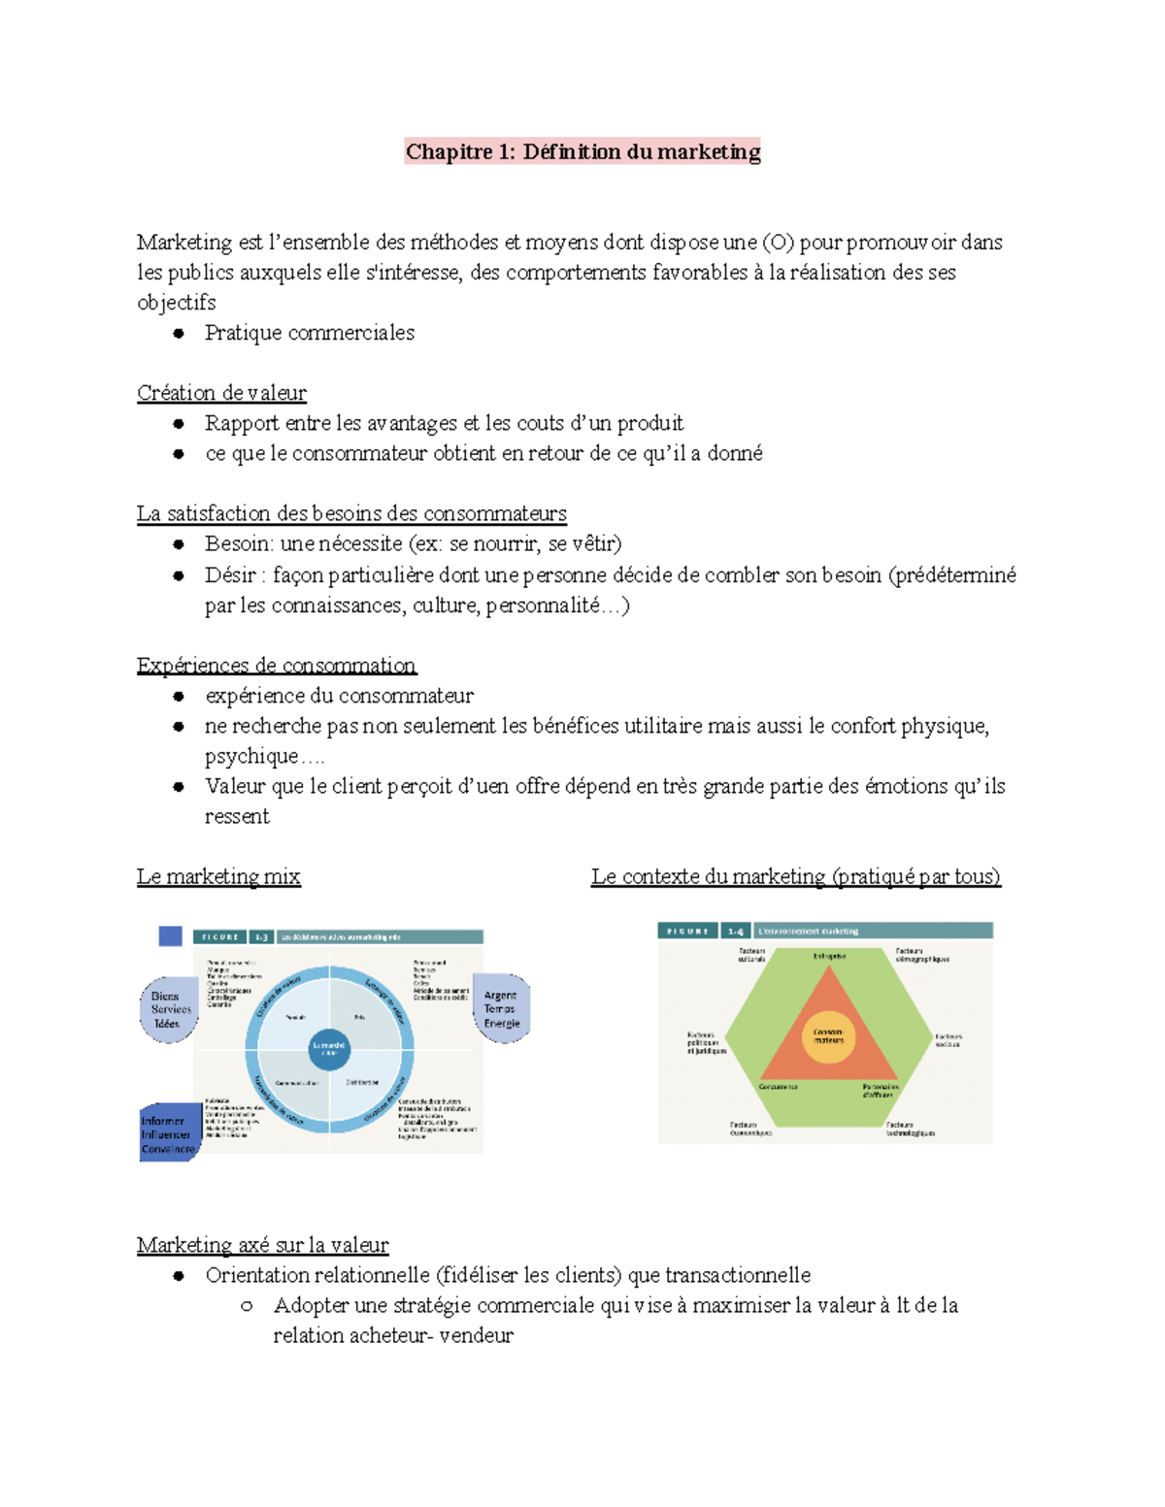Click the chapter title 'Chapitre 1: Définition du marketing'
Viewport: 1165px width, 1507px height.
(x=582, y=151)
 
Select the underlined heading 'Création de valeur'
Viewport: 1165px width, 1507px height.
(x=221, y=393)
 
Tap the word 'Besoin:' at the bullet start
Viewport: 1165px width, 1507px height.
(x=239, y=543)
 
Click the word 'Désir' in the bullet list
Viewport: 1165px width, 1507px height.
(x=230, y=575)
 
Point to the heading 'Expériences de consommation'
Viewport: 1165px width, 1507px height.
(x=276, y=666)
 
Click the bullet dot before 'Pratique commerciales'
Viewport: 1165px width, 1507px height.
(x=179, y=333)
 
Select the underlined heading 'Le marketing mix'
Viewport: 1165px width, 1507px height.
(x=218, y=877)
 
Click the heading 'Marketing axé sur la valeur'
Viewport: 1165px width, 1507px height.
(x=262, y=1245)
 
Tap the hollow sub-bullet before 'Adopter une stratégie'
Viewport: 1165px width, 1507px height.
(x=247, y=1306)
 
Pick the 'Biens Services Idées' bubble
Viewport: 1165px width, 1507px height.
(x=170, y=1009)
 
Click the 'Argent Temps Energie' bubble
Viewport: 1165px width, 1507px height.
(x=501, y=1009)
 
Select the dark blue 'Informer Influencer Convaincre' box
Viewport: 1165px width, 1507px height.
(x=168, y=1133)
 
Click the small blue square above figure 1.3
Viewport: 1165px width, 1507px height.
(x=170, y=935)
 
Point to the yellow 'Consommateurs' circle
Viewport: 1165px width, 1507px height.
(x=828, y=1036)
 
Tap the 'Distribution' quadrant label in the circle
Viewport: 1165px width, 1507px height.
(x=361, y=1082)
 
